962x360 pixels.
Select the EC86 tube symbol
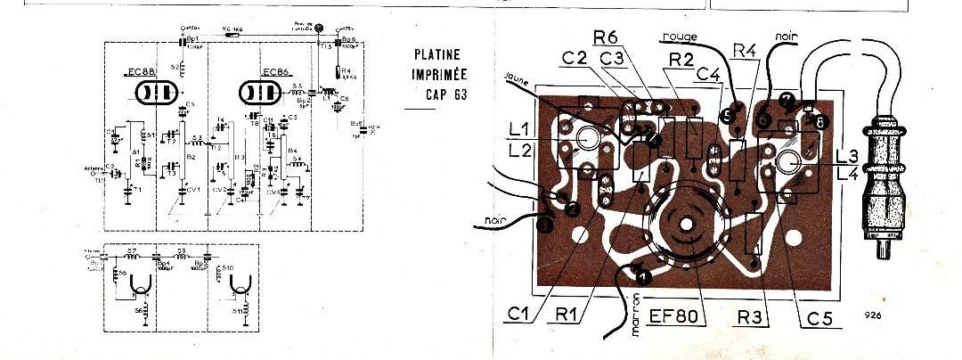(260, 93)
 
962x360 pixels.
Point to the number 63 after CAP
(460, 94)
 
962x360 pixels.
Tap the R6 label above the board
(607, 37)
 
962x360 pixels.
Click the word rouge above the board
(680, 36)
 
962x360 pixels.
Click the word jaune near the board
(518, 76)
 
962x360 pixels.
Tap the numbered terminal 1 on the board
(645, 278)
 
